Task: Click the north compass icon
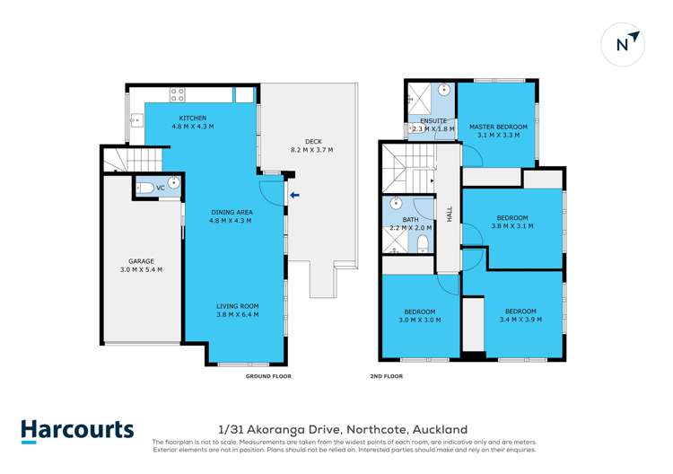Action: tap(623, 44)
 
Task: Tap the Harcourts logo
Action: tap(77, 431)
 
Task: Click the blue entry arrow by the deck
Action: tap(294, 196)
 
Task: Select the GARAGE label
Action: tap(141, 261)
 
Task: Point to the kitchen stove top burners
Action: tap(177, 94)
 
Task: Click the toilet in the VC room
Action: tap(145, 188)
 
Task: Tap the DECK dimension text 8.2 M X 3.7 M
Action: tap(312, 150)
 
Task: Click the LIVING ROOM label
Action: tap(238, 306)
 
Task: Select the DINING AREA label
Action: tap(232, 212)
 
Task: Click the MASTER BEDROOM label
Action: tap(498, 127)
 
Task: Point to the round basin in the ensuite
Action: tap(444, 90)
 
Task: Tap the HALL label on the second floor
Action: tap(450, 214)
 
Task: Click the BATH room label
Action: tap(410, 219)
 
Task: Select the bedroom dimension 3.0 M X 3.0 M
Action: tap(419, 320)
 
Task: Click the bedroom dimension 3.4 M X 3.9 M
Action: tap(520, 320)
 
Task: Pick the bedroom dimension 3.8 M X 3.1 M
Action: tap(512, 226)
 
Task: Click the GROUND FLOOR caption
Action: tap(268, 376)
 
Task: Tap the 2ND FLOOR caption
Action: tap(386, 376)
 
